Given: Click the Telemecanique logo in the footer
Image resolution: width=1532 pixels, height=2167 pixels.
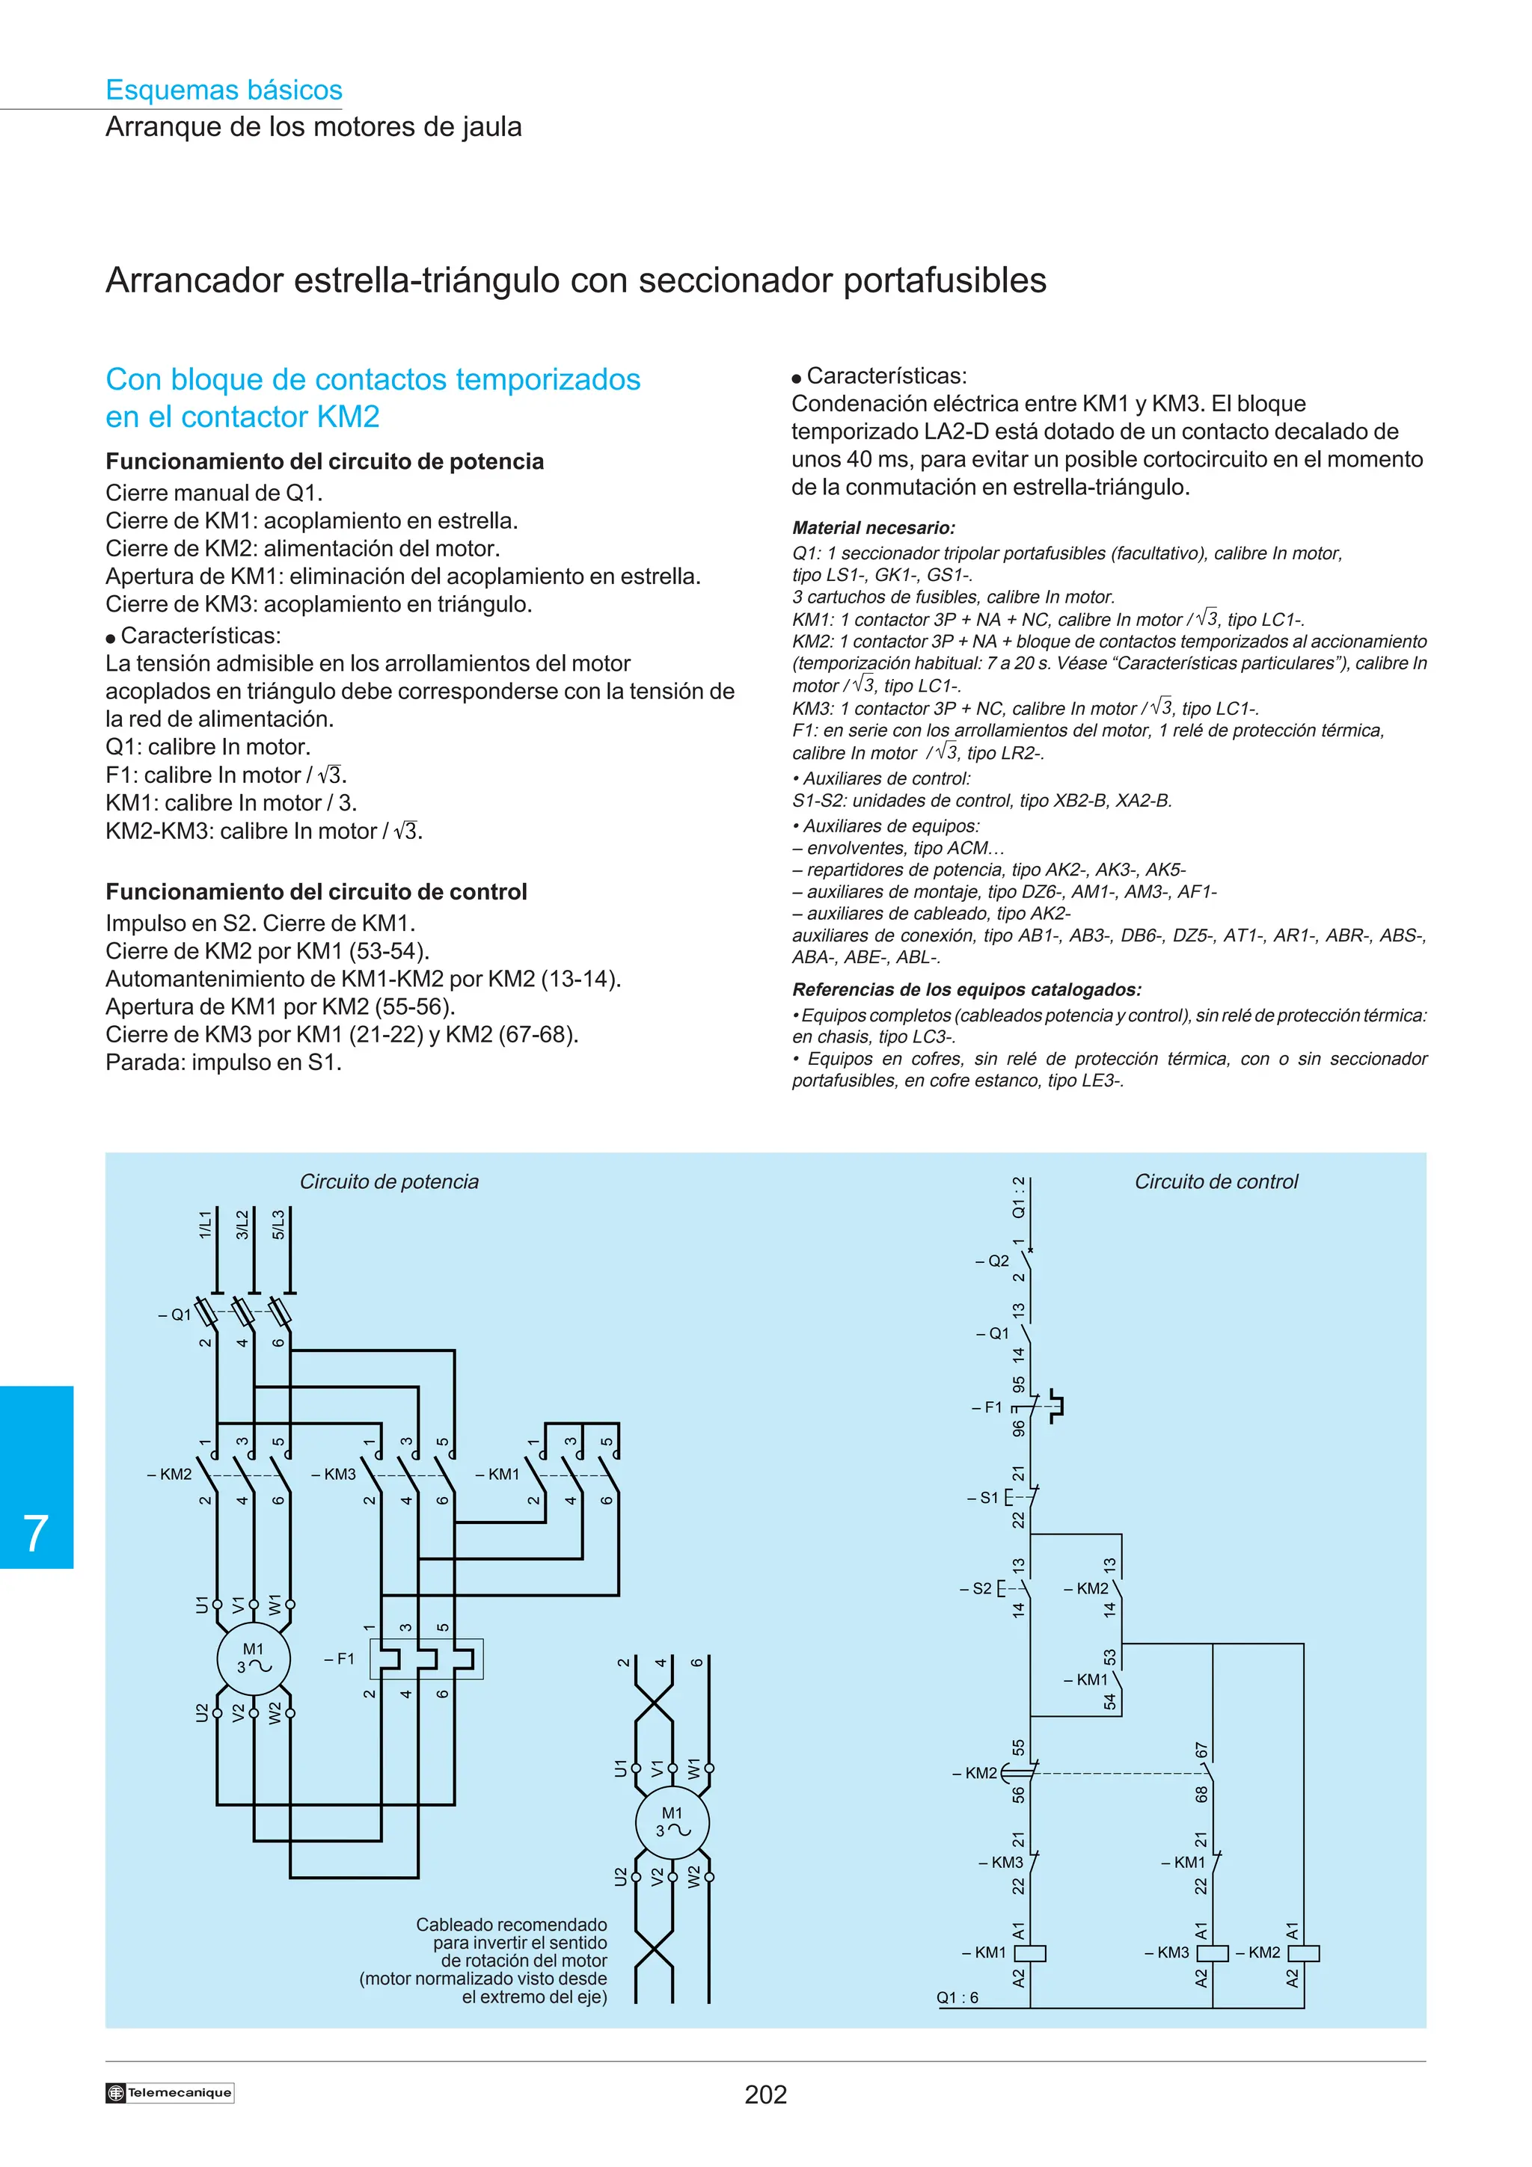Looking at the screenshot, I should [170, 2092].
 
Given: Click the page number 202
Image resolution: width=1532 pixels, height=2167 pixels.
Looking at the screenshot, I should [765, 2094].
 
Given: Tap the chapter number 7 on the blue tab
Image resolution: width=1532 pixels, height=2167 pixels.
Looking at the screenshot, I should [36, 1534].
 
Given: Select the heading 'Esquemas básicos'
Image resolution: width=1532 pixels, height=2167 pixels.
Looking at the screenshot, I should [224, 90].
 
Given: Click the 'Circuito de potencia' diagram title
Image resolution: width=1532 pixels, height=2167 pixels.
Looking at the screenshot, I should [389, 1181].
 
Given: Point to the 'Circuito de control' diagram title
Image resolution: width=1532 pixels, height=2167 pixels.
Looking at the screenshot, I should [1216, 1181].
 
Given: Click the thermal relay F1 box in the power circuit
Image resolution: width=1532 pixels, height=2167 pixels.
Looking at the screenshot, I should [426, 1659].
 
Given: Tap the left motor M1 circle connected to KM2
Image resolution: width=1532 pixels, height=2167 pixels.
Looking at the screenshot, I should [253, 1659].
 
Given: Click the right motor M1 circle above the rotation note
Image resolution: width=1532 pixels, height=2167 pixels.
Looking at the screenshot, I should [671, 1822].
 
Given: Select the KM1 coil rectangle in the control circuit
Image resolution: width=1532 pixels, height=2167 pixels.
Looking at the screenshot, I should [1030, 1952].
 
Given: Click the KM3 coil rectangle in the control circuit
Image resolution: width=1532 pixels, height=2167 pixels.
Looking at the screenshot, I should [1212, 1952].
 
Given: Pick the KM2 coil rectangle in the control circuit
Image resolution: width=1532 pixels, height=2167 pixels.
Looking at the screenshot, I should [1304, 1952].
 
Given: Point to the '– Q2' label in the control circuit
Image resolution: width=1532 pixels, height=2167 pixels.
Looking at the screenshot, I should [992, 1261].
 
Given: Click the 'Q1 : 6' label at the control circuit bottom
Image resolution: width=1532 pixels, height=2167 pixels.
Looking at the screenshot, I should [957, 1997].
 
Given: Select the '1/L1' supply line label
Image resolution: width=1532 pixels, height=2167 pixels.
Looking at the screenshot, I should [205, 1224].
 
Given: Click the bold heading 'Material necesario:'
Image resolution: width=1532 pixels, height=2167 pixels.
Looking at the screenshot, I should [873, 528].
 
